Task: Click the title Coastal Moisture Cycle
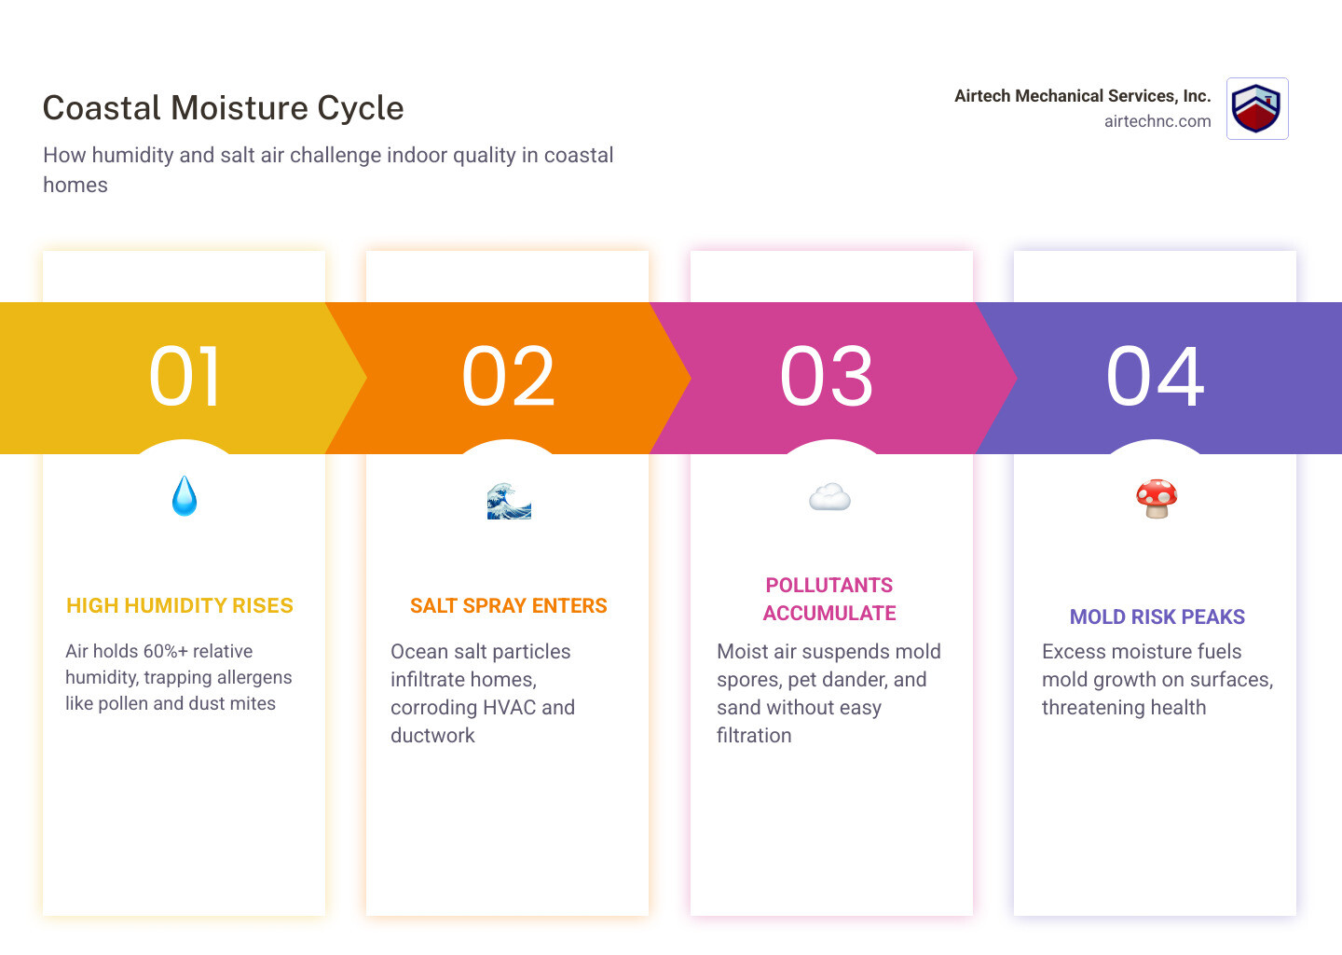[x=223, y=108]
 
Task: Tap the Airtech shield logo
[x=1256, y=109]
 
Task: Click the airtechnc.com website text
[x=1157, y=121]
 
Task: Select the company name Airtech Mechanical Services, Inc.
[x=1082, y=96]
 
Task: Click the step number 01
[x=185, y=377]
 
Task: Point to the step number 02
[x=508, y=377]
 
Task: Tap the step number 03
[x=827, y=377]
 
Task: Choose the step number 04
[x=1155, y=377]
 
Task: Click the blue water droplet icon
[x=185, y=496]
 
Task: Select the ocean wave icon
[x=509, y=501]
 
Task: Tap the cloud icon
[x=829, y=498]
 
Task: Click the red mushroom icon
[x=1157, y=499]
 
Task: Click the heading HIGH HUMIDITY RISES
[x=180, y=606]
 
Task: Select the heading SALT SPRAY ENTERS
[x=508, y=606]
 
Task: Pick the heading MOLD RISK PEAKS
[x=1157, y=617]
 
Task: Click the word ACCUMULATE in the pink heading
[x=829, y=614]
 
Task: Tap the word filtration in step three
[x=754, y=736]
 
